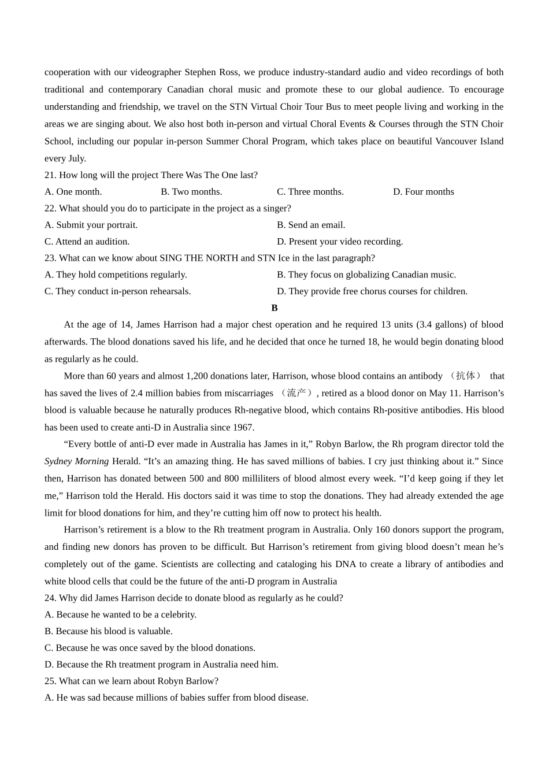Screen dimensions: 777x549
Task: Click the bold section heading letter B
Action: tap(274, 308)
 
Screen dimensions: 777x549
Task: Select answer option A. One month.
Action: tap(73, 192)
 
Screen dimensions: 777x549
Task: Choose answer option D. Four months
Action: tap(424, 192)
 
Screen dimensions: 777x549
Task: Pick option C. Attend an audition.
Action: tap(87, 242)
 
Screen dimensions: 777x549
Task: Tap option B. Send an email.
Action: tap(311, 225)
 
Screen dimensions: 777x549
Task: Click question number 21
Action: tap(50, 175)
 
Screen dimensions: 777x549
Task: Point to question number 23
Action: tap(50, 258)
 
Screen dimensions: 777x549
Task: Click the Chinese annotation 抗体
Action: tap(466, 376)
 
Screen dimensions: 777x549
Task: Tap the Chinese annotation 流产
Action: tap(296, 393)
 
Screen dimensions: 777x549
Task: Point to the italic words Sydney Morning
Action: tap(77, 461)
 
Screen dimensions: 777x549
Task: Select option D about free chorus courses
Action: tap(372, 291)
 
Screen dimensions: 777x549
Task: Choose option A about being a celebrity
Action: tap(121, 615)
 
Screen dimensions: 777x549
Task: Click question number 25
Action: tap(50, 681)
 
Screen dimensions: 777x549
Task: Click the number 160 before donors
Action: tap(383, 530)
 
